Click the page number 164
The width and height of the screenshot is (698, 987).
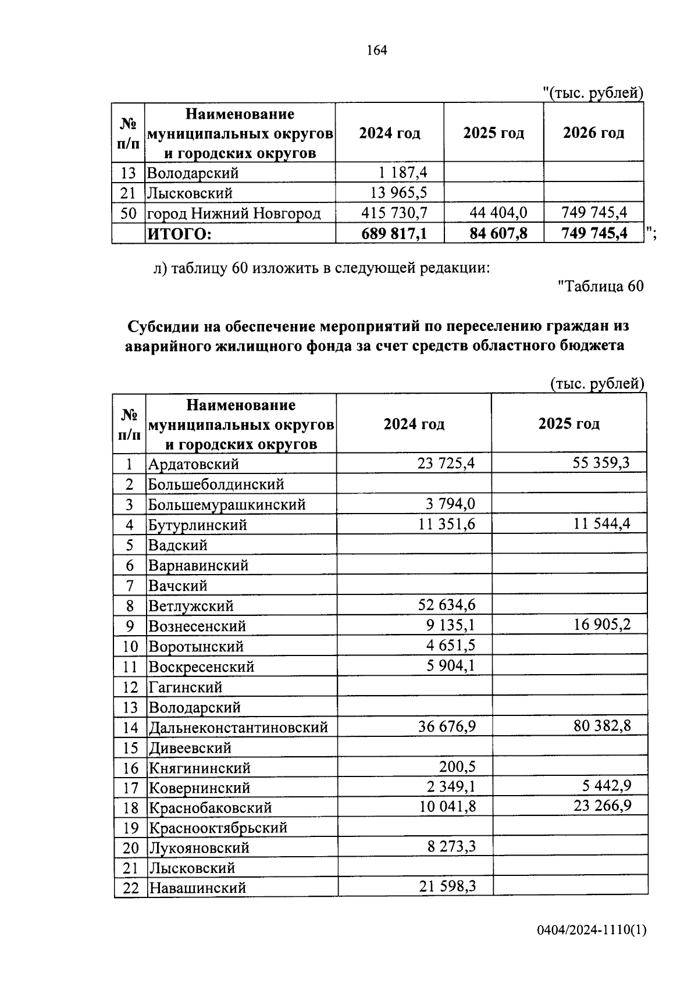click(377, 51)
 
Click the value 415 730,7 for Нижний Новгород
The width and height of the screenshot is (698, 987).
click(394, 213)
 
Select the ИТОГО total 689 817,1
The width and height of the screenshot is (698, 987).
click(394, 233)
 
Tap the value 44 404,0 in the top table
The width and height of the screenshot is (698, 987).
click(498, 213)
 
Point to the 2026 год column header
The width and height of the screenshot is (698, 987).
click(593, 133)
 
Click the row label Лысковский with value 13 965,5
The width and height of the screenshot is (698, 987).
click(190, 193)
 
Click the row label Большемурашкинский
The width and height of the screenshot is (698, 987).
click(227, 504)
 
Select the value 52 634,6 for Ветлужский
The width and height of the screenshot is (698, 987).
click(446, 605)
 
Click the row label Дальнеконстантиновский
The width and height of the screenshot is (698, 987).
click(238, 727)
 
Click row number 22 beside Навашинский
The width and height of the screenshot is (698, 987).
click(130, 888)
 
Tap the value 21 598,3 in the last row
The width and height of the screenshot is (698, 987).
click(447, 887)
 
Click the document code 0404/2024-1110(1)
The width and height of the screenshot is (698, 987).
click(591, 947)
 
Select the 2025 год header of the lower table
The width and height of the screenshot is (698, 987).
click(568, 423)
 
